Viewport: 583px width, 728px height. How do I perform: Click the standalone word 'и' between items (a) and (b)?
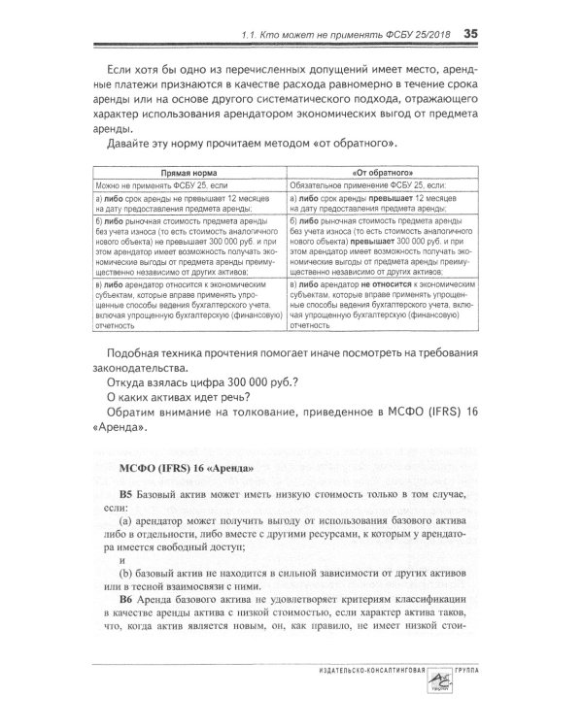121,560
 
